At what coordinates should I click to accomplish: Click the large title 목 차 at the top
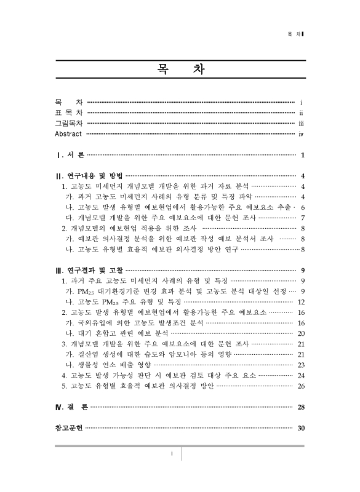point(180,70)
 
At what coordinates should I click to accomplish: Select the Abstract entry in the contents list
point(68,133)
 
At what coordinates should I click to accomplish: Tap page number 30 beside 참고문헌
point(301,429)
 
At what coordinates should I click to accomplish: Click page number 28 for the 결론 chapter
point(301,407)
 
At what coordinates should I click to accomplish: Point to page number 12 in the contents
point(301,302)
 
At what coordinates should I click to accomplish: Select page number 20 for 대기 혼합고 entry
point(301,333)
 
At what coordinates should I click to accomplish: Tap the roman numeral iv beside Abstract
point(301,133)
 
